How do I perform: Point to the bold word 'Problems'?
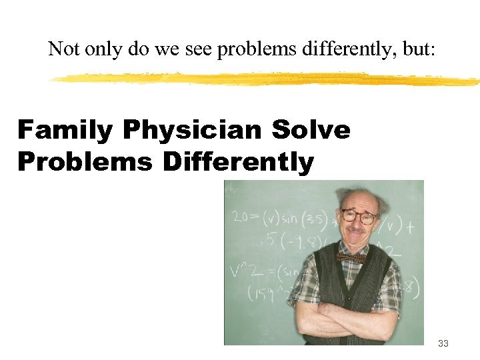85,162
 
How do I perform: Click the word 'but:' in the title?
419,49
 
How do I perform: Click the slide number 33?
443,344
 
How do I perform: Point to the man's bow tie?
351,257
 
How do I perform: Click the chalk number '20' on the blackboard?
240,217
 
